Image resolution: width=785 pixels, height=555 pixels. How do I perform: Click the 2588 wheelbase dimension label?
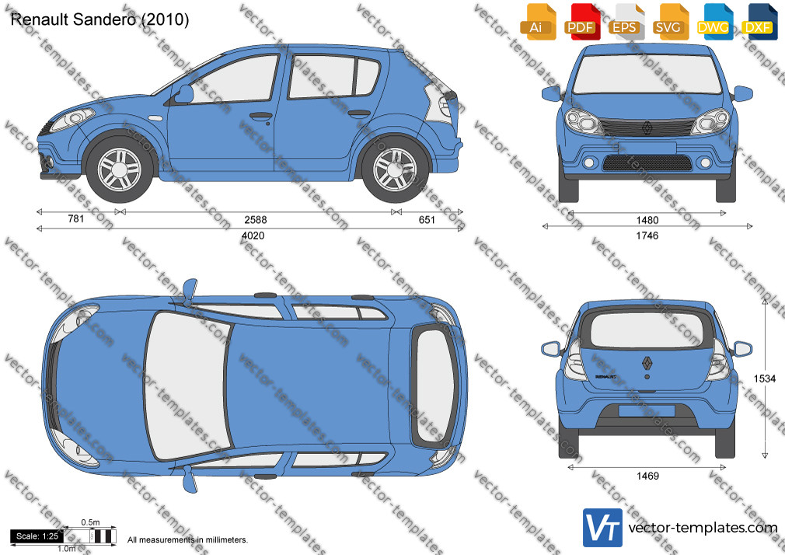click(x=256, y=219)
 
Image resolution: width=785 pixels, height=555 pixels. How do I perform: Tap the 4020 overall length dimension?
click(x=253, y=236)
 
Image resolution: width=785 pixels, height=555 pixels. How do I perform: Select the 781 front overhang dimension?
click(x=75, y=218)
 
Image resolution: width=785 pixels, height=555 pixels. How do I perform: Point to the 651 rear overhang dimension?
click(x=427, y=219)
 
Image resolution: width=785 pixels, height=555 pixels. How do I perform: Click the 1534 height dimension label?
click(x=765, y=379)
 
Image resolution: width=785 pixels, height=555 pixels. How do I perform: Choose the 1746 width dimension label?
click(x=647, y=236)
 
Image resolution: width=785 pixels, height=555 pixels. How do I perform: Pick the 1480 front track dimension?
click(x=647, y=220)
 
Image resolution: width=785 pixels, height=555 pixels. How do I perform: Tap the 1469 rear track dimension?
click(x=647, y=476)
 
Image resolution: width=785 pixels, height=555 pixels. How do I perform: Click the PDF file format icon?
click(x=581, y=22)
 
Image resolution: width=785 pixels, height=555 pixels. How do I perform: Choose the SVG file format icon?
click(x=670, y=22)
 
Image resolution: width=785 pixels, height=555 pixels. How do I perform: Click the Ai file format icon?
click(x=538, y=22)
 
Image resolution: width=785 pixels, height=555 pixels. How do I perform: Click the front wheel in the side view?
click(x=120, y=169)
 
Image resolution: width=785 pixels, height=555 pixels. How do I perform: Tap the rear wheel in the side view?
click(x=395, y=169)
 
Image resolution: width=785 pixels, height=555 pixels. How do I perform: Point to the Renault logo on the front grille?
click(x=647, y=129)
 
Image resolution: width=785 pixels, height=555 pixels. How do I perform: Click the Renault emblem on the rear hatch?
click(x=647, y=363)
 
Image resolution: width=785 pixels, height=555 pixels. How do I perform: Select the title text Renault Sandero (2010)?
click(x=99, y=19)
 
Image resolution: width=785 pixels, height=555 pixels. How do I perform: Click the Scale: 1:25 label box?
click(x=37, y=536)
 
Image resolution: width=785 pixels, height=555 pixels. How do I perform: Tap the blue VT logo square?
click(x=603, y=528)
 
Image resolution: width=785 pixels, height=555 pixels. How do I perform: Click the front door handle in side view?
click(x=261, y=117)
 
